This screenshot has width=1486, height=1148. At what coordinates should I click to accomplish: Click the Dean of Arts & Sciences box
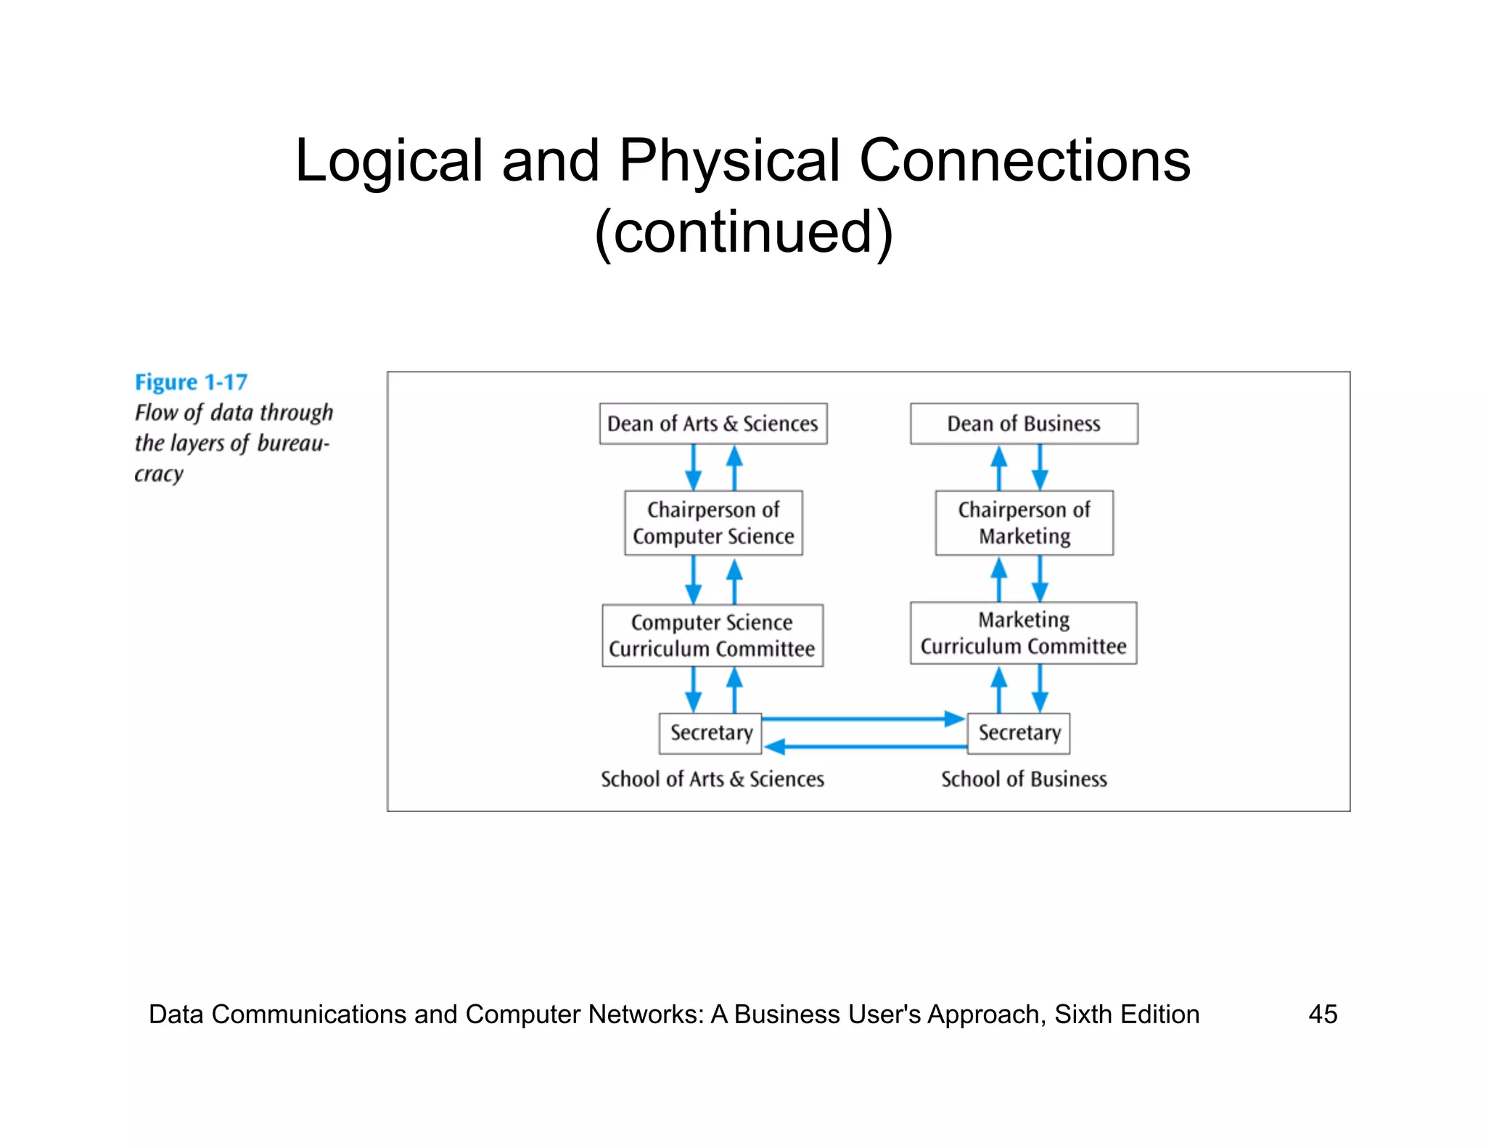pyautogui.click(x=713, y=424)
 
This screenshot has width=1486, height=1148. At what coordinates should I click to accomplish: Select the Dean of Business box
pyautogui.click(x=1024, y=424)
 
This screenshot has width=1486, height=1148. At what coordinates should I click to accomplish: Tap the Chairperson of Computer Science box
pyautogui.click(x=713, y=523)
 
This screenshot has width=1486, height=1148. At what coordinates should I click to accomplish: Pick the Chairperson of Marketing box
pyautogui.click(x=1024, y=523)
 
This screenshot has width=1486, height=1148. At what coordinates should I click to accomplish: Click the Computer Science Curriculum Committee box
pyautogui.click(x=713, y=635)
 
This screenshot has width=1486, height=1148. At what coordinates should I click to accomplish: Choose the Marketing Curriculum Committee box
pyautogui.click(x=1024, y=633)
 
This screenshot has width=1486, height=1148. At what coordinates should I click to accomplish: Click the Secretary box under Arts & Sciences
pyautogui.click(x=710, y=733)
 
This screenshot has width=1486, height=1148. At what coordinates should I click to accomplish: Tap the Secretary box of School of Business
pyautogui.click(x=1019, y=733)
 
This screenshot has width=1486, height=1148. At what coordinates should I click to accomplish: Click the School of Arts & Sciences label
pyautogui.click(x=713, y=779)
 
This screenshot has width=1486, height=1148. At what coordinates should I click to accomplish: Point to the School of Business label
pyautogui.click(x=1024, y=779)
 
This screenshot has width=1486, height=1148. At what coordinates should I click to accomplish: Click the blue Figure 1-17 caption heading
pyautogui.click(x=191, y=382)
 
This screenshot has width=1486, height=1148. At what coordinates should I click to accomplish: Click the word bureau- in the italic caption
pyautogui.click(x=293, y=443)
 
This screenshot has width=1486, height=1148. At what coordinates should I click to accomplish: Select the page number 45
pyautogui.click(x=1322, y=1014)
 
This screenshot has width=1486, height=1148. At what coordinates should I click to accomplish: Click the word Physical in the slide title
pyautogui.click(x=728, y=160)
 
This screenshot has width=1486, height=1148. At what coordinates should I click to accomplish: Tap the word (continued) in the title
pyautogui.click(x=743, y=232)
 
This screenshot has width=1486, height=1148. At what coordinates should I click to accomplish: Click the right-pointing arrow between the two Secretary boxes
pyautogui.click(x=863, y=719)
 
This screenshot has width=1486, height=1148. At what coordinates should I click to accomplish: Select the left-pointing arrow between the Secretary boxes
pyautogui.click(x=863, y=746)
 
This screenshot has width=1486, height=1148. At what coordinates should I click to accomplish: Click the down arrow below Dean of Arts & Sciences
pyautogui.click(x=693, y=467)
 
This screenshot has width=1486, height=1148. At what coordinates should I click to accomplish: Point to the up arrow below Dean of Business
pyautogui.click(x=999, y=467)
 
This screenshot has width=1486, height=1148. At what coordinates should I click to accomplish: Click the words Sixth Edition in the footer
pyautogui.click(x=1126, y=1014)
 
